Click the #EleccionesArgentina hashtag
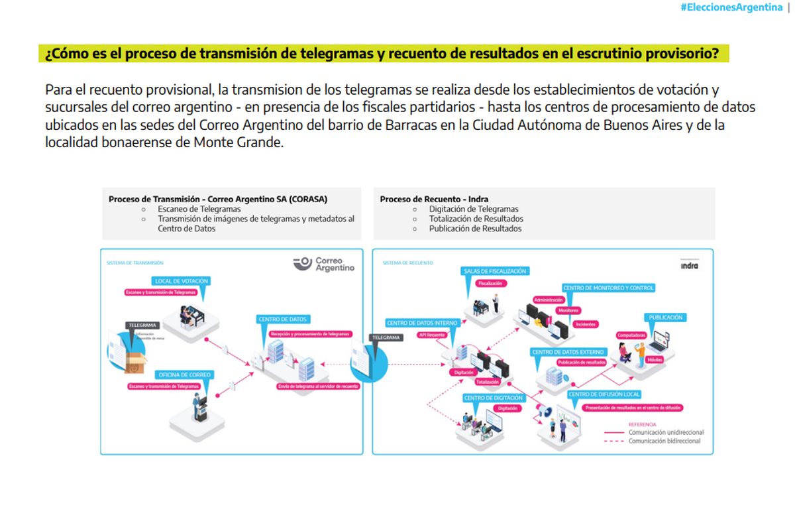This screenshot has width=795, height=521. [731, 7]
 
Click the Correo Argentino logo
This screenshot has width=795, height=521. [324, 264]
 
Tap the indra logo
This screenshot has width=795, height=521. [689, 266]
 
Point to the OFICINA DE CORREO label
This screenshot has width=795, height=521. [184, 375]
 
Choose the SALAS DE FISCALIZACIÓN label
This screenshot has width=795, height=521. [496, 271]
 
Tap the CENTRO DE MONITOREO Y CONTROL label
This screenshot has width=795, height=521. [609, 288]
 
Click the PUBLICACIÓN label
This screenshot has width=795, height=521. [666, 318]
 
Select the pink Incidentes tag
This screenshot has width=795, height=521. [585, 324]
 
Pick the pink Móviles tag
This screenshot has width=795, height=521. [655, 360]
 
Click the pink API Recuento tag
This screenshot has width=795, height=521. [431, 335]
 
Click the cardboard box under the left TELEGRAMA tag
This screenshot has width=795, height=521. [136, 362]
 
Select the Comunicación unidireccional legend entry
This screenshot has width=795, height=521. [666, 432]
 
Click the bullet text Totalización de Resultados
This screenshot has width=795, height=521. [476, 219]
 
